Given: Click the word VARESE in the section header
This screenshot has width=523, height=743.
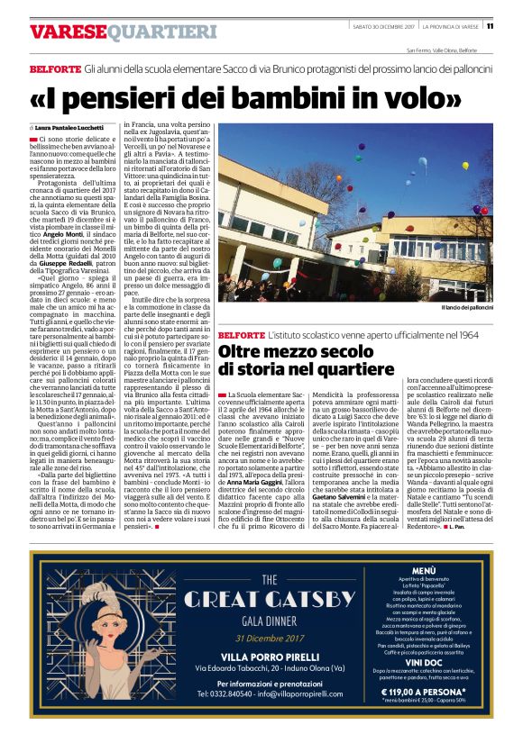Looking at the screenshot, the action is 61,32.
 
